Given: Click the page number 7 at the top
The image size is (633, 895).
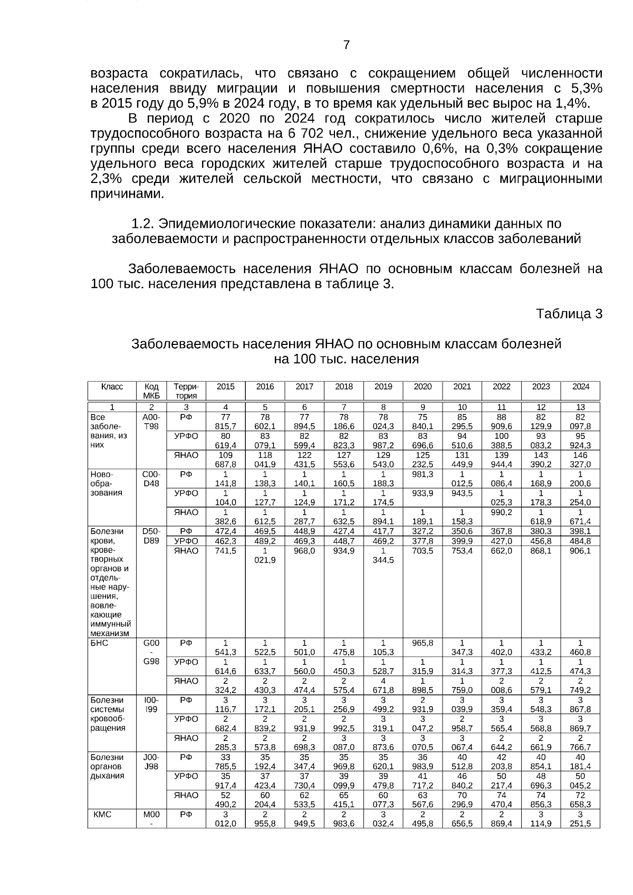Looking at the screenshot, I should coord(346,45).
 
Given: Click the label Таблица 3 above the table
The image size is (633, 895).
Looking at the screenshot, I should coord(569,314).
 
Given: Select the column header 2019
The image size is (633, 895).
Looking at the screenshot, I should coord(383,387).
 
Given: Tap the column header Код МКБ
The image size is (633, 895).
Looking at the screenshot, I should coord(151,391).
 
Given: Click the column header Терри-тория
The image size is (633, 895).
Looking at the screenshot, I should coord(186,391).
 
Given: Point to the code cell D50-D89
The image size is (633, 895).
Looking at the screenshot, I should coord(151,536).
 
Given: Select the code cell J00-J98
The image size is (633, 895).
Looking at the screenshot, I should coord(151,762).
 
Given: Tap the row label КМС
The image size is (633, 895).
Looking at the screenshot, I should coord(102,814).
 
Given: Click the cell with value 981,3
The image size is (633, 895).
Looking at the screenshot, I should coord(423,474).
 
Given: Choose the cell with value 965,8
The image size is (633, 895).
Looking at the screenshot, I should coord(423,643).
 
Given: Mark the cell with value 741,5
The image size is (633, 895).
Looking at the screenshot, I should coord(225,551).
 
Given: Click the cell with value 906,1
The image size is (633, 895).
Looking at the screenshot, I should coord(580,551).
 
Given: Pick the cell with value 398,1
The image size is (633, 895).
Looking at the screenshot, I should coord(580,531).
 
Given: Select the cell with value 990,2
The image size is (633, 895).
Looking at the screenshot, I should coord(501,512).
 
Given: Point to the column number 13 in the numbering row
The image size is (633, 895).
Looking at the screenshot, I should coord(580,407).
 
